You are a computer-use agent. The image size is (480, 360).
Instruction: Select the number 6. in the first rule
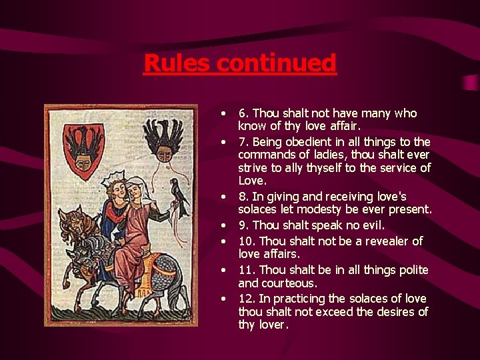(x=244, y=113)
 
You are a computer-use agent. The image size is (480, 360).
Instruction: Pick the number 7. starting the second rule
(x=244, y=142)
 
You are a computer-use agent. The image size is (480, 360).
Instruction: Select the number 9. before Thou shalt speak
(x=244, y=225)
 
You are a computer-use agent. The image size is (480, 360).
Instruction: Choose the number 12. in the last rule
(x=247, y=298)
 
